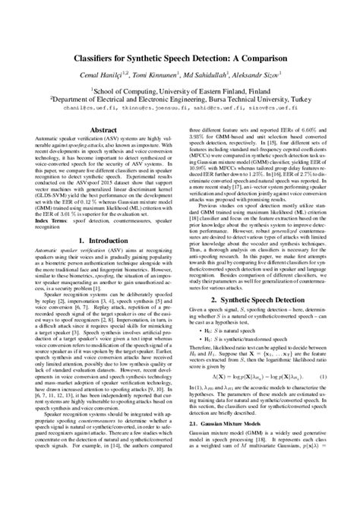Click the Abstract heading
click(x=104, y=130)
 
